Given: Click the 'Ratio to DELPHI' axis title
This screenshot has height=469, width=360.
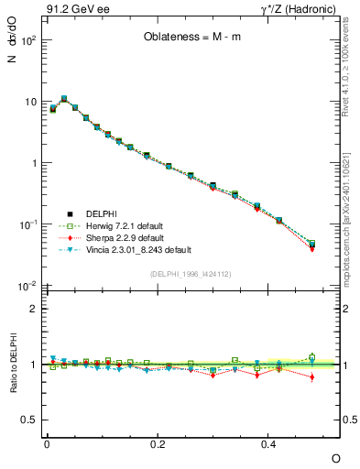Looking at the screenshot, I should tap(13, 364).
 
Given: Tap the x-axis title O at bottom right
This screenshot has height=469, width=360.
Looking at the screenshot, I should tap(334, 458).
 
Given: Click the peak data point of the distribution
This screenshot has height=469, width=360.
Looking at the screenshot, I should tap(63, 98).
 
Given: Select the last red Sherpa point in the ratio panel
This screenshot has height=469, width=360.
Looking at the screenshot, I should tap(311, 376).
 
